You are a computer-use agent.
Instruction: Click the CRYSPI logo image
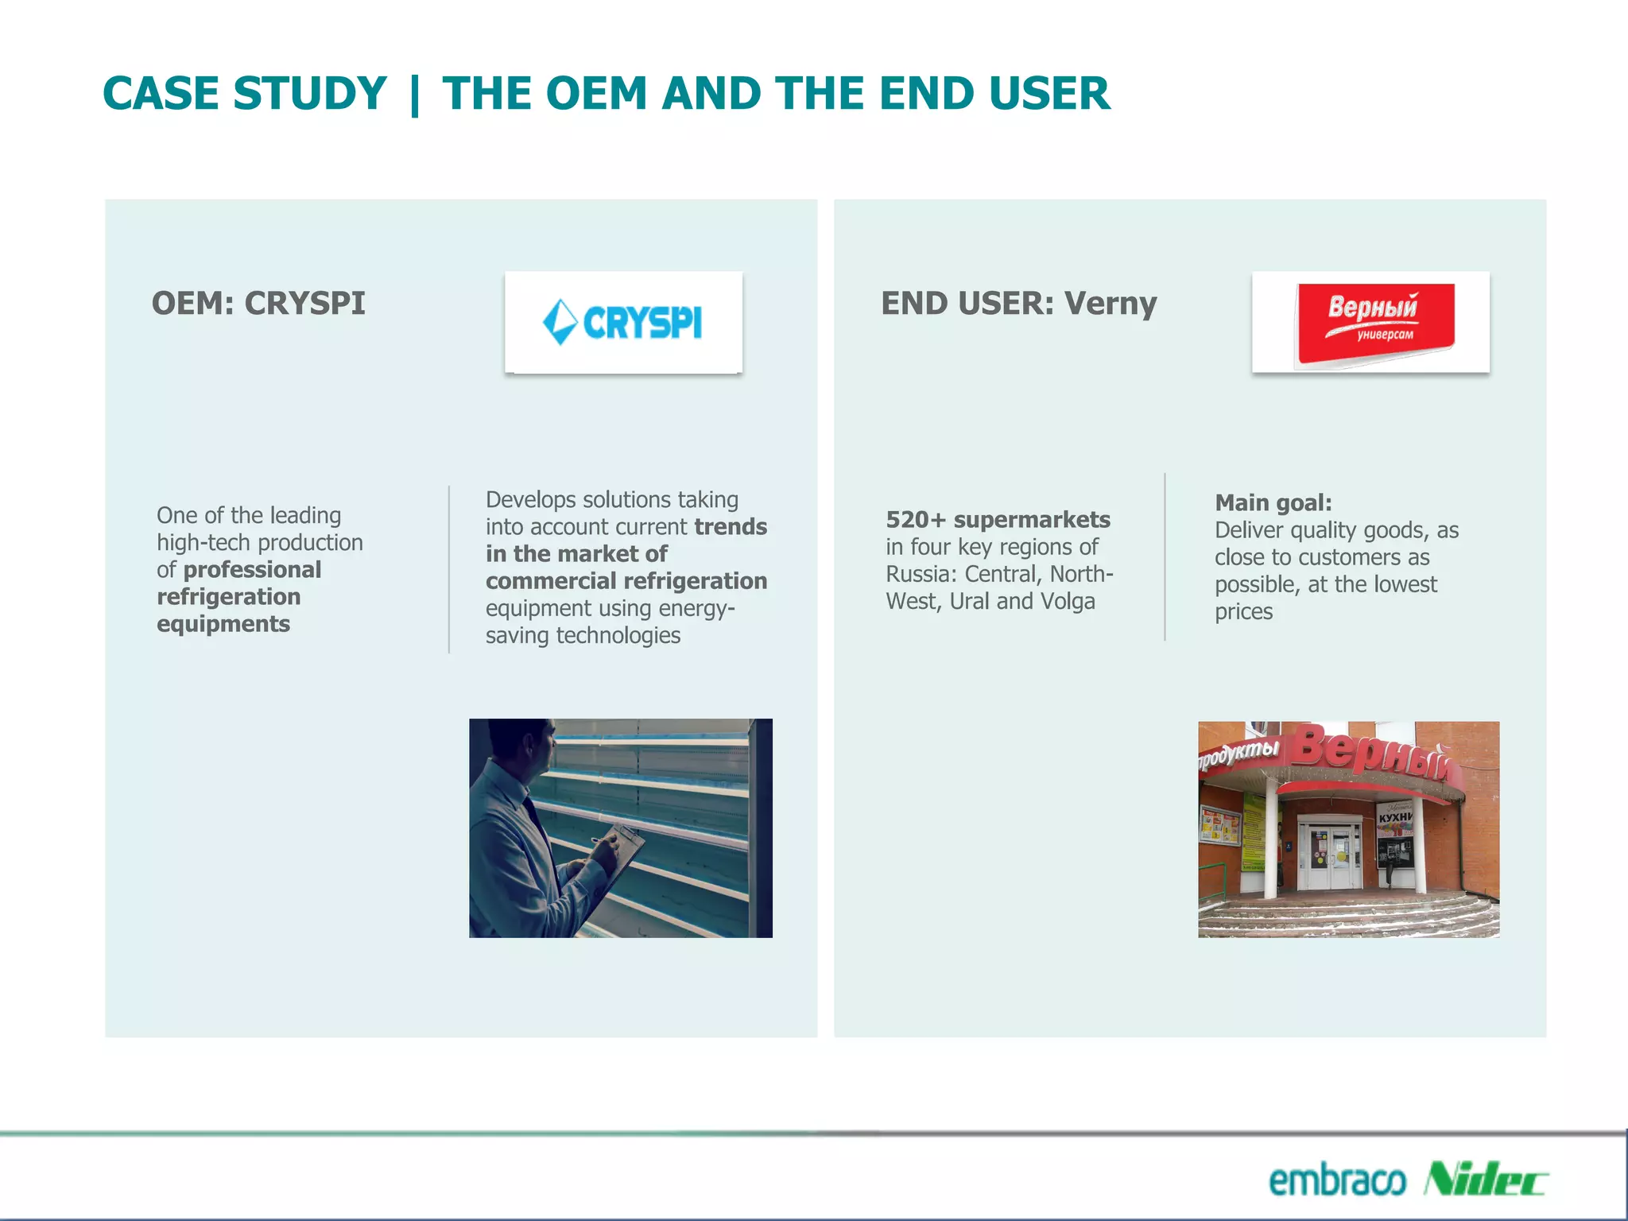622,323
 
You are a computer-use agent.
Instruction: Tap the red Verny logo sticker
1375,322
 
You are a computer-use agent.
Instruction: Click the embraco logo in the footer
1337,1180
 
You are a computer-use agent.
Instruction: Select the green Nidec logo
1484,1179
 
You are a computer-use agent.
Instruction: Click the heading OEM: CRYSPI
258,304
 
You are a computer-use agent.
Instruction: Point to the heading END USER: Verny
1018,304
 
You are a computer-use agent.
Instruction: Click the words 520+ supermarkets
998,520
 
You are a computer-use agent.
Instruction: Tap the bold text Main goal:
1273,503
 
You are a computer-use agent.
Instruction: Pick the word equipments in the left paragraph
223,624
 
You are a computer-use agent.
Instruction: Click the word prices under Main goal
1243,612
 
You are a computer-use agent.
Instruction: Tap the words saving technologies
583,636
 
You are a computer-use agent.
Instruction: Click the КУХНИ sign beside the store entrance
1395,817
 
